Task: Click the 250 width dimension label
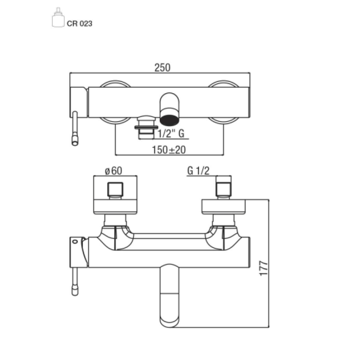click(162, 68)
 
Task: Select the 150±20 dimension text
click(169, 150)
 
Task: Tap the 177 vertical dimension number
click(264, 268)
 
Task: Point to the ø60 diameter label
click(114, 171)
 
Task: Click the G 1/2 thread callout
click(198, 171)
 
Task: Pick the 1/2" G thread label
click(171, 133)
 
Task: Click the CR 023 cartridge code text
click(80, 24)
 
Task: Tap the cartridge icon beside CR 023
click(58, 17)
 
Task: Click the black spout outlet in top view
click(170, 120)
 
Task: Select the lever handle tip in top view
click(75, 141)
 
